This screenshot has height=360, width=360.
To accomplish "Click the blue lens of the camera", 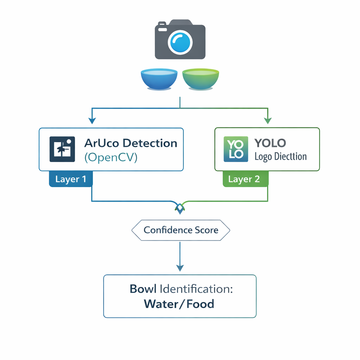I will click(180, 42).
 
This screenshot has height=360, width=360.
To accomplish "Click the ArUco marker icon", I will click(62, 149).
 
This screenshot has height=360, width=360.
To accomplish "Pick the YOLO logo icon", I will click(236, 149).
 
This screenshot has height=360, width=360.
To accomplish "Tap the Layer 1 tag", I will click(71, 179).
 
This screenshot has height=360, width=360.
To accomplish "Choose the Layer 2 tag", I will click(244, 179).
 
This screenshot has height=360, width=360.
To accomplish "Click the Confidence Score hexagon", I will click(181, 230).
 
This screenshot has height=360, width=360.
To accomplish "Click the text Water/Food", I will click(179, 303).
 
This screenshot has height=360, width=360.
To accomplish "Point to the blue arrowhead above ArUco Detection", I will click(92, 121).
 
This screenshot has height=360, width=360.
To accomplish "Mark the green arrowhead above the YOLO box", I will click(268, 121).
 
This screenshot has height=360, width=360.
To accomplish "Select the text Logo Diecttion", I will click(281, 157).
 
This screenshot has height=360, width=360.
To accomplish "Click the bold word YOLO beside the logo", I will click(270, 143).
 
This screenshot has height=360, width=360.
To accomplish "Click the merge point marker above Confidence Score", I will click(180, 208).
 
